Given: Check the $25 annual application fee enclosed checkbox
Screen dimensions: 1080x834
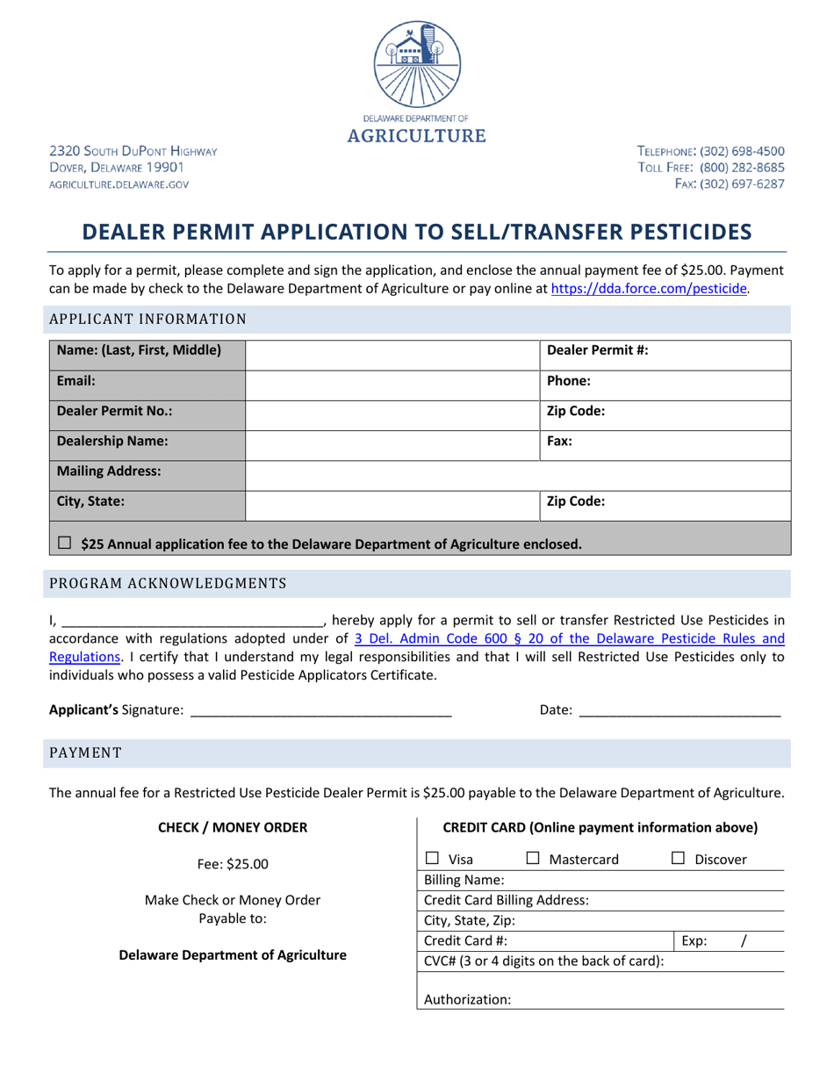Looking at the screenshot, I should point(65,544).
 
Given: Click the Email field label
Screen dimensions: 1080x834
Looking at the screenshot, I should point(76,382).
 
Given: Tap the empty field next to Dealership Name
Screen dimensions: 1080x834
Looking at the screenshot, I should point(392,442).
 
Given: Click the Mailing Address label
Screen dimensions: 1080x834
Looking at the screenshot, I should point(109,472).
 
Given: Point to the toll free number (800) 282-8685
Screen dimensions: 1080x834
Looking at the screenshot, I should point(743,167).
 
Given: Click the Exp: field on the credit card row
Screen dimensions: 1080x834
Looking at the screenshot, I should point(729,941).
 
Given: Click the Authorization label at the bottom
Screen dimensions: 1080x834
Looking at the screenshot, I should point(467,999).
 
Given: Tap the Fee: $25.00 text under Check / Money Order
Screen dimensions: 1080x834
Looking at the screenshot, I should point(233,864).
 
